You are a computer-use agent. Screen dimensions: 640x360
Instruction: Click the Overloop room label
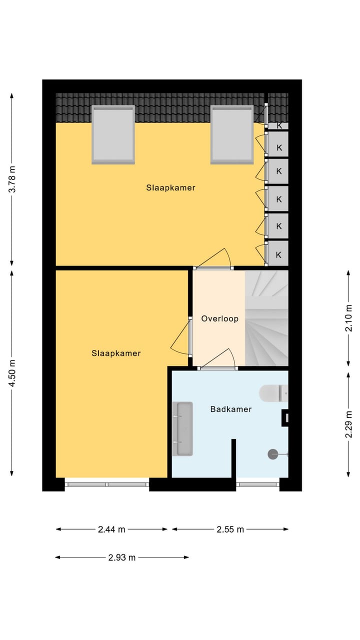click(219, 318)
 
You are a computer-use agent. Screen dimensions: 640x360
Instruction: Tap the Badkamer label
click(230, 409)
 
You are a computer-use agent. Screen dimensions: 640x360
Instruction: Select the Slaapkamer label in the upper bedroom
click(170, 188)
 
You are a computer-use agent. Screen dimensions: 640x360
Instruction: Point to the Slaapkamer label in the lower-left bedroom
click(116, 353)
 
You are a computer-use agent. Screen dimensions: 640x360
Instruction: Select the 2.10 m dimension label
click(349, 318)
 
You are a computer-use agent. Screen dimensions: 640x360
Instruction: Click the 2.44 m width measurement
click(111, 529)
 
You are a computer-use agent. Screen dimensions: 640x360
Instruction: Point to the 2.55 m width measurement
click(230, 529)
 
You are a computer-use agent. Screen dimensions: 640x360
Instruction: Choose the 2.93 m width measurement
click(122, 557)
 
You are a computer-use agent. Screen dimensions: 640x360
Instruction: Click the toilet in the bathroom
click(273, 393)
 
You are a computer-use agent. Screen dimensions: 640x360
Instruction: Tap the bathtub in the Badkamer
click(182, 429)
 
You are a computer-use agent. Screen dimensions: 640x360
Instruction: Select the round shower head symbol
click(273, 454)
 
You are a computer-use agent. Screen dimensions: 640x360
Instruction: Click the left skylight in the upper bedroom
click(113, 134)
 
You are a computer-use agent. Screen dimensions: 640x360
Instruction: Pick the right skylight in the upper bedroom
click(231, 134)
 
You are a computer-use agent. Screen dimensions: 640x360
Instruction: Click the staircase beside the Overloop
click(266, 318)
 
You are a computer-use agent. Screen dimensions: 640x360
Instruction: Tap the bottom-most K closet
click(278, 254)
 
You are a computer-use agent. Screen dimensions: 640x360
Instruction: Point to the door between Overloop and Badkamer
click(218, 368)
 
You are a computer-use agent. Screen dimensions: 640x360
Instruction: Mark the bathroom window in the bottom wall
click(257, 484)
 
